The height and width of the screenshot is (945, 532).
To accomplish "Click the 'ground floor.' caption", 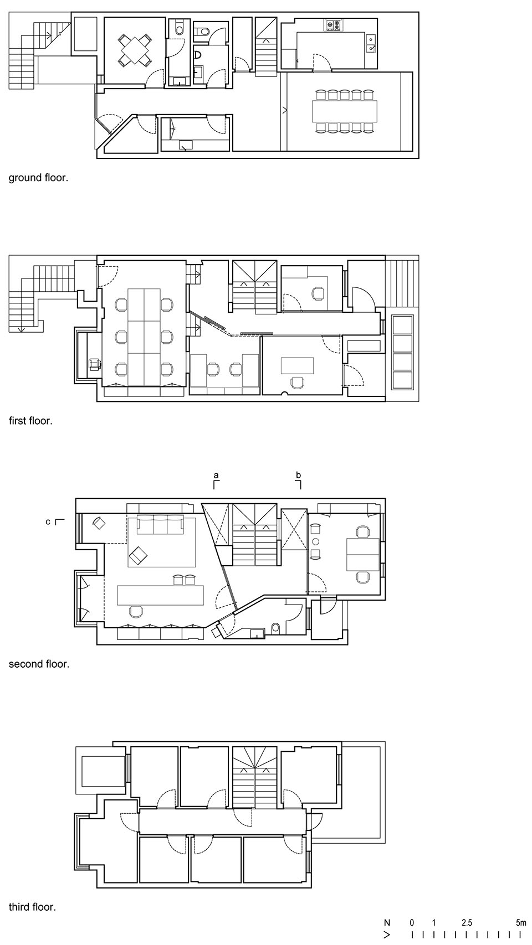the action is pyautogui.click(x=38, y=178).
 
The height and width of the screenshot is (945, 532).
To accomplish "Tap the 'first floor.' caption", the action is pyautogui.click(x=31, y=421).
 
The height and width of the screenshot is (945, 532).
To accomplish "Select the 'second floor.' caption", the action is pyautogui.click(x=39, y=664).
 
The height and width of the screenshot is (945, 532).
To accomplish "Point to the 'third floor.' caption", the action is pyautogui.click(x=32, y=907).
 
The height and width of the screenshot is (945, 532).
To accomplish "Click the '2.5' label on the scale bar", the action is pyautogui.click(x=467, y=923).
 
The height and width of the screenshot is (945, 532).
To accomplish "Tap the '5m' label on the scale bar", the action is pyautogui.click(x=521, y=923).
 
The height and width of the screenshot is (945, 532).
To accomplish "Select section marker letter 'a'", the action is pyautogui.click(x=216, y=476).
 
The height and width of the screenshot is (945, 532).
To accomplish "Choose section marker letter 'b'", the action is pyautogui.click(x=299, y=475).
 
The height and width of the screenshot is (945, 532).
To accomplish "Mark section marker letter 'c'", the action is pyautogui.click(x=48, y=522).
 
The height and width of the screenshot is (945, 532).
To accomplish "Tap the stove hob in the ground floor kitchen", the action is pyautogui.click(x=332, y=25).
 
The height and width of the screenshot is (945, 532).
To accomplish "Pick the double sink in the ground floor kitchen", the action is pyautogui.click(x=371, y=44).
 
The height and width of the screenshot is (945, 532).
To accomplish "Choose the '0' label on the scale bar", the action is pyautogui.click(x=412, y=923).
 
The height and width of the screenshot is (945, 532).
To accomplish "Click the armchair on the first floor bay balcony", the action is pyautogui.click(x=94, y=364).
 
